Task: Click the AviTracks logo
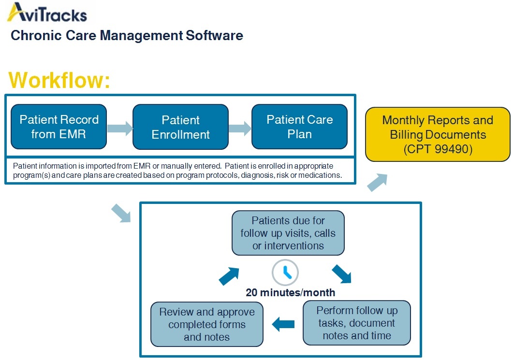[47, 13]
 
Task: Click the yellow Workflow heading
[59, 80]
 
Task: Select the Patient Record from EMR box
[59, 127]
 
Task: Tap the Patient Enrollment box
[181, 127]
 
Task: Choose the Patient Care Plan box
[300, 127]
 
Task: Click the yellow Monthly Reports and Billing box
[438, 134]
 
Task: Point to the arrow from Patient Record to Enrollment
[120, 128]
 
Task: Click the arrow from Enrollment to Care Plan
[240, 128]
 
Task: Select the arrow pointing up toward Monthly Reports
[378, 182]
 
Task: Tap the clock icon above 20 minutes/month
[285, 273]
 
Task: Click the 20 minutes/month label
[291, 292]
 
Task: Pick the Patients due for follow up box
[288, 233]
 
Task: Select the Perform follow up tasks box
[357, 323]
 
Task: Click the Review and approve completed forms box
[207, 324]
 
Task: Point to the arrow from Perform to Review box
[283, 324]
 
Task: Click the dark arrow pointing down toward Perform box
[342, 274]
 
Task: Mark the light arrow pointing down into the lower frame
[121, 213]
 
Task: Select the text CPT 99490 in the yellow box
[438, 149]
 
